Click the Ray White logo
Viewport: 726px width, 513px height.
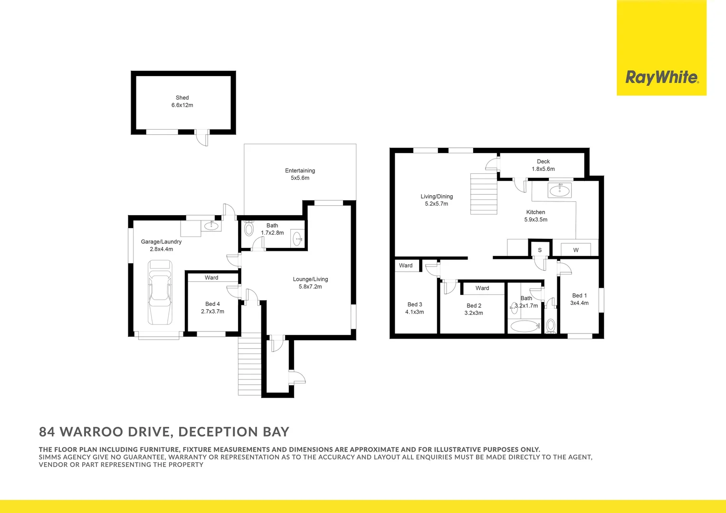pos(661,77)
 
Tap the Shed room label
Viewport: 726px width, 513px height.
pos(182,98)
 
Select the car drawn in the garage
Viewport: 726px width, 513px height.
pos(160,292)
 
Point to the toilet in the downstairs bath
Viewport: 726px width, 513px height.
pos(249,228)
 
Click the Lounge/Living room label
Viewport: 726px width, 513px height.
pos(310,279)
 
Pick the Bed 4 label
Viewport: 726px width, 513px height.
pos(212,304)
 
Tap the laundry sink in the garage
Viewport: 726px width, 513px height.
pos(211,226)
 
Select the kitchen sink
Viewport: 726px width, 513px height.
pos(560,190)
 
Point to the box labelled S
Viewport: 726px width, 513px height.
pos(540,250)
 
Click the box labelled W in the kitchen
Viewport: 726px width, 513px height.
pos(576,250)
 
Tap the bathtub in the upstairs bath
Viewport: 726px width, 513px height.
pos(524,326)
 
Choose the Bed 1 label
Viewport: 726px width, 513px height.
pos(579,295)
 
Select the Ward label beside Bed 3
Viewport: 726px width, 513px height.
pos(406,266)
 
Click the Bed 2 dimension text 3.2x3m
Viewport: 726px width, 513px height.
pos(474,313)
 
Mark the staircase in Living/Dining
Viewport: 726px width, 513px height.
pos(484,194)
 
